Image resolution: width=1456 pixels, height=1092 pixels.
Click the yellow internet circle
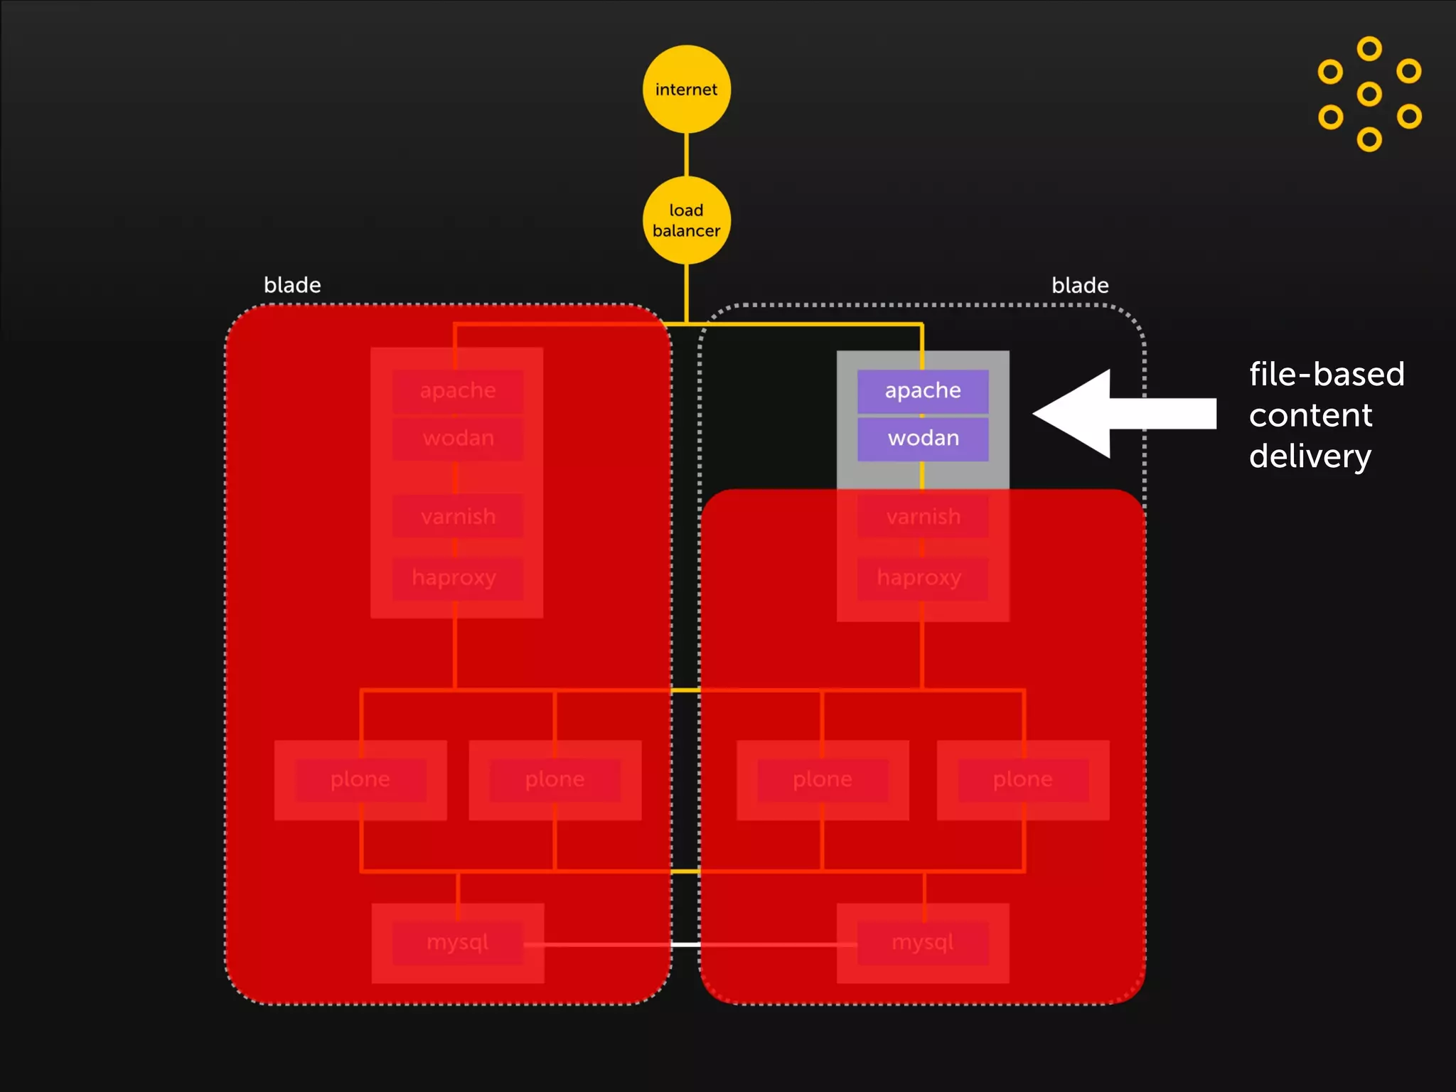click(686, 89)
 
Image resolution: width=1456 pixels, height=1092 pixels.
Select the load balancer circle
click(686, 220)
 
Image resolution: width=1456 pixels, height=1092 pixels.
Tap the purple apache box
click(923, 390)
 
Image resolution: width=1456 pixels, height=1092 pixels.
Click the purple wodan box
click(923, 438)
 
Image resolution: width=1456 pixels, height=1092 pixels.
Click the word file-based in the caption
click(1327, 374)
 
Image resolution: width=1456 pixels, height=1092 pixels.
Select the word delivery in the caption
click(1310, 456)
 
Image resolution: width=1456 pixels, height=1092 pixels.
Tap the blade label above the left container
click(292, 285)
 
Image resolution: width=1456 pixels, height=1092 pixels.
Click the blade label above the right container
click(1080, 285)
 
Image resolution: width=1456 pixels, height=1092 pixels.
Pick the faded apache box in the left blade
click(457, 390)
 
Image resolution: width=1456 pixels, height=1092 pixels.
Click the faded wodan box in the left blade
click(457, 438)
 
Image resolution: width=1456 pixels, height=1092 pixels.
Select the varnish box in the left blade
click(457, 516)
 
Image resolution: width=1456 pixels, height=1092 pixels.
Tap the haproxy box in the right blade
click(922, 578)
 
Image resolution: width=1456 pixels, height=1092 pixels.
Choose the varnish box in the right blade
click(923, 516)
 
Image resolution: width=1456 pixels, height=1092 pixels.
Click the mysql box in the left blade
click(457, 943)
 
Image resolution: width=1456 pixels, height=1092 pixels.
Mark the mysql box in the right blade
click(923, 943)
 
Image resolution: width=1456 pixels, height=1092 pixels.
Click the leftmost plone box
click(360, 780)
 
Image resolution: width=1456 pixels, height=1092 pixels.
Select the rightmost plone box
click(1023, 780)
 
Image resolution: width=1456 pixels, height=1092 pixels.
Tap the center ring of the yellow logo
click(1369, 94)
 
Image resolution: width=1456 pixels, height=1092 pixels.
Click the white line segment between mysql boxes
click(685, 944)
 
